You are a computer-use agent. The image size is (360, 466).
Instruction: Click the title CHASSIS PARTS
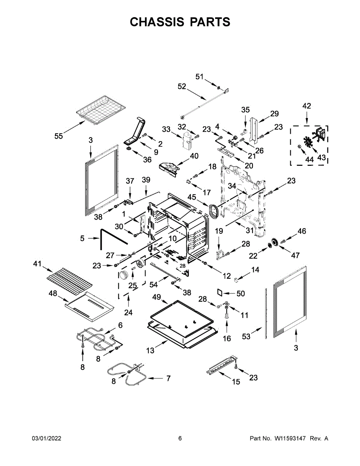tap(180, 22)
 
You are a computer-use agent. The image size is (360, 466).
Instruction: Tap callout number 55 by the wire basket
tap(59, 136)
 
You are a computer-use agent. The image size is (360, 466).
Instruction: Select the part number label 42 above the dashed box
tap(307, 106)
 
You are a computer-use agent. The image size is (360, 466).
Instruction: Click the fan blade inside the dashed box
tap(310, 143)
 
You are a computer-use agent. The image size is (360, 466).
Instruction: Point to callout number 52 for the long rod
tap(182, 87)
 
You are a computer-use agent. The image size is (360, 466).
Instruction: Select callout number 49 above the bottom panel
tap(156, 297)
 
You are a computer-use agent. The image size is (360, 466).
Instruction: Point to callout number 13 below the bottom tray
tap(150, 351)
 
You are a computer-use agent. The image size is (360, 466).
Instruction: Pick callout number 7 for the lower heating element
tap(168, 378)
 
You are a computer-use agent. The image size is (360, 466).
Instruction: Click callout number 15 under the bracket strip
tap(236, 382)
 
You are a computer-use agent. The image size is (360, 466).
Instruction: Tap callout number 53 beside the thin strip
tap(247, 336)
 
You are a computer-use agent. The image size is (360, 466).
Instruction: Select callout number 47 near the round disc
tap(296, 255)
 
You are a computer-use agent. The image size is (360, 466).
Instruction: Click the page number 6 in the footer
tap(180, 438)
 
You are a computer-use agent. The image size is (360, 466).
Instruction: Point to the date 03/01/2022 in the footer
tap(46, 438)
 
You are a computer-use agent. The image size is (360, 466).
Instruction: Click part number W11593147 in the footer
tap(291, 438)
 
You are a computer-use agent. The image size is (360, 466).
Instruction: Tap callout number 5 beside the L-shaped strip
tap(82, 238)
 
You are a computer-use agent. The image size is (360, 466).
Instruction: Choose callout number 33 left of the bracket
tap(166, 129)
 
